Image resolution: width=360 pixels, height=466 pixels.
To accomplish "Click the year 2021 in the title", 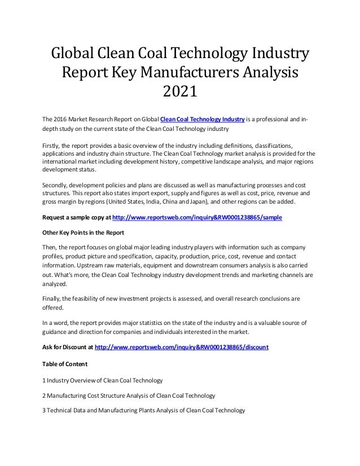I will point(179,90).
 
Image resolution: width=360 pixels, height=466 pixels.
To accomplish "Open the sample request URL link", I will point(197,217).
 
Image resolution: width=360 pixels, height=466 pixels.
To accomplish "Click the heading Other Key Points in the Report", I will point(84,232).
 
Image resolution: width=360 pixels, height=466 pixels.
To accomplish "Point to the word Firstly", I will point(54,145).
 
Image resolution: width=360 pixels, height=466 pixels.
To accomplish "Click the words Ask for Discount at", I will point(68,347).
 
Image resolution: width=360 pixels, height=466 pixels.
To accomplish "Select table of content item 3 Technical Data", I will point(144,410).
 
